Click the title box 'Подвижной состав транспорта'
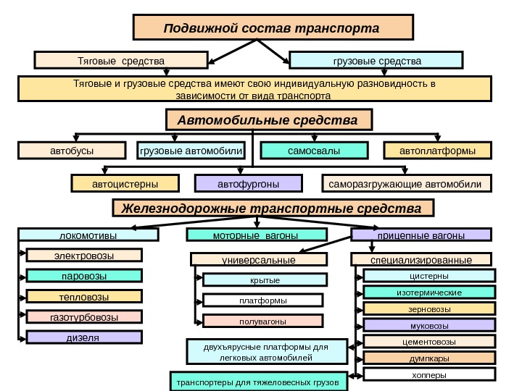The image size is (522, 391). click(x=273, y=28)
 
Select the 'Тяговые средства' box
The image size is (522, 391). click(x=121, y=59)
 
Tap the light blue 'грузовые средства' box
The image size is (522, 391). click(x=376, y=59)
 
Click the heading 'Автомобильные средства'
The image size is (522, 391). click(x=268, y=119)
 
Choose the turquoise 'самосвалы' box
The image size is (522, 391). click(x=314, y=151)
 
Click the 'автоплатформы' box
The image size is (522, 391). click(x=436, y=151)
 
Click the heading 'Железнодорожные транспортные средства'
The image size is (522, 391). click(x=273, y=209)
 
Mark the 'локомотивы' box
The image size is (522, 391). click(x=88, y=235)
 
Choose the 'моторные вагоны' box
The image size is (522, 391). click(x=257, y=235)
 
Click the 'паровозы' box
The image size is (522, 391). click(x=84, y=276)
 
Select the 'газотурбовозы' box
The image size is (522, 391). click(x=84, y=316)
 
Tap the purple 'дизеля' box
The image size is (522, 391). click(x=84, y=337)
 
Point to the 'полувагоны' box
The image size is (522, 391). click(x=262, y=321)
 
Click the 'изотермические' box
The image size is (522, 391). click(x=429, y=292)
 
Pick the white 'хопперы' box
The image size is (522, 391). click(x=429, y=374)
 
